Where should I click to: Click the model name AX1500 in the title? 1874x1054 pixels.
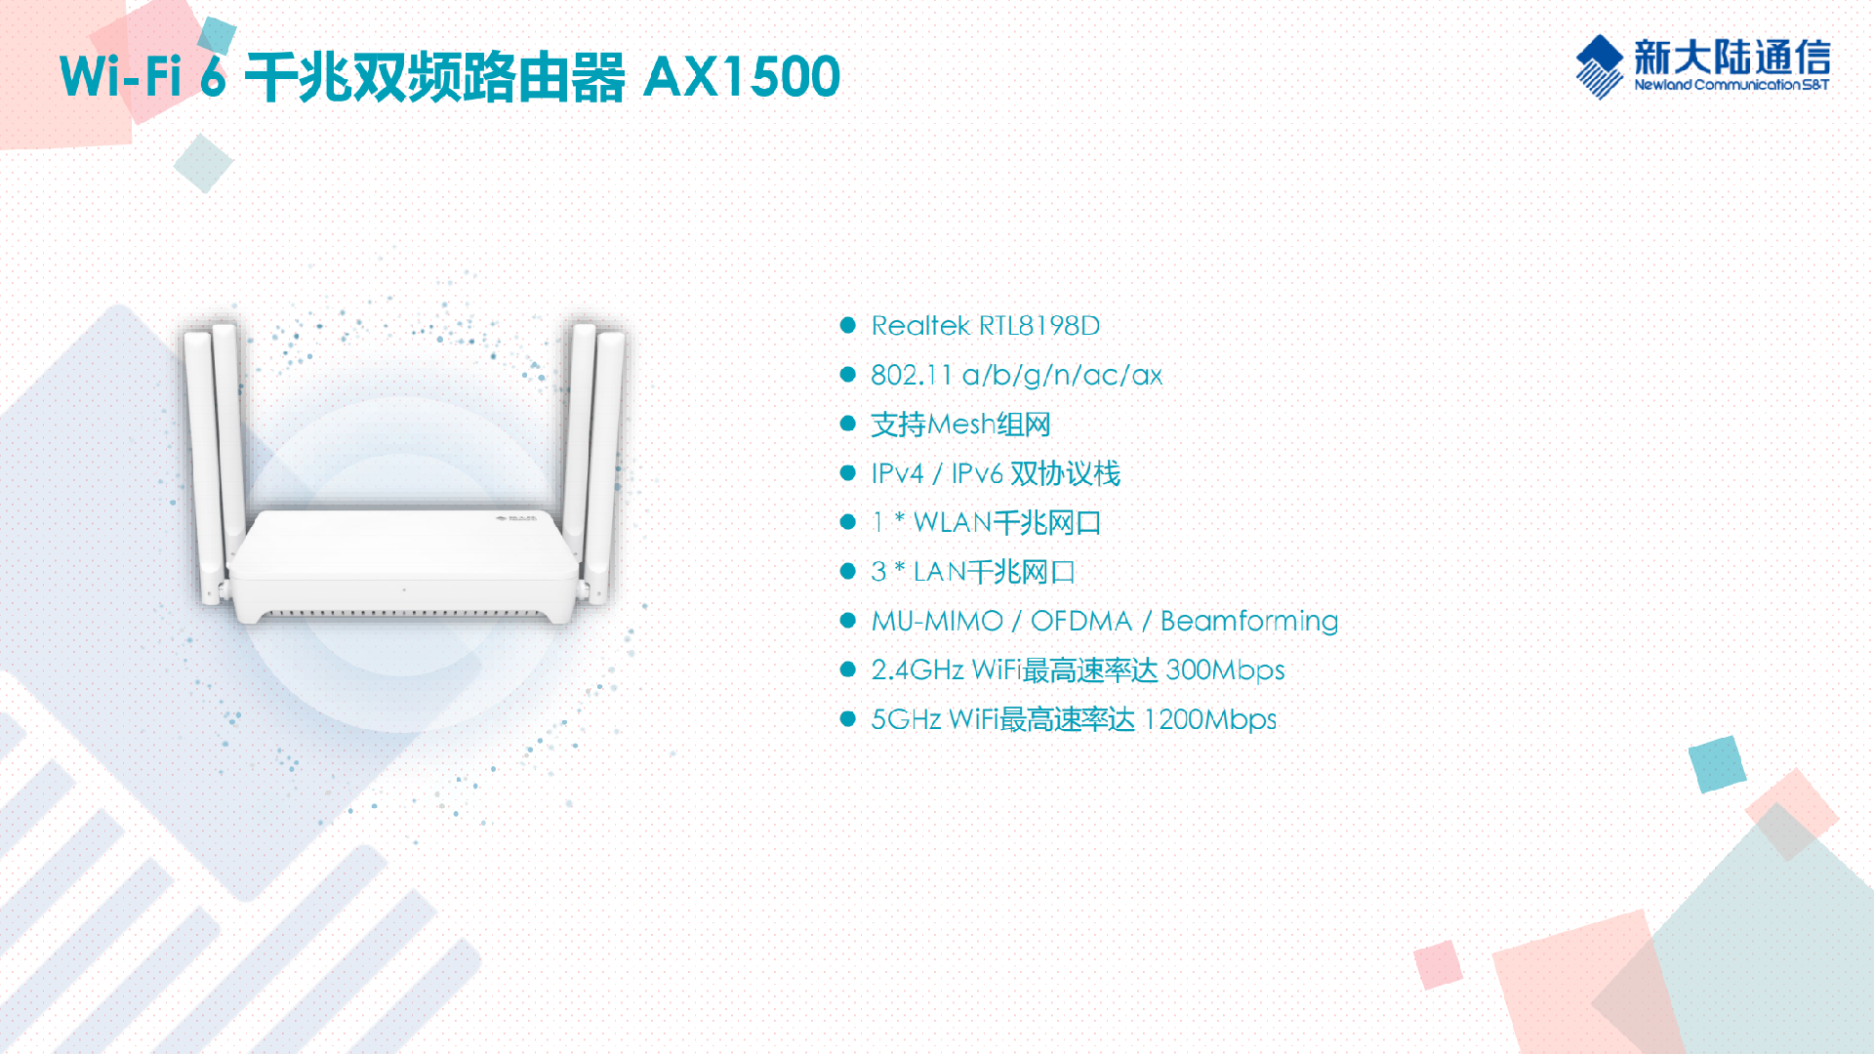[x=742, y=77]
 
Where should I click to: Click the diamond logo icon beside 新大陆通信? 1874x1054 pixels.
[x=1600, y=66]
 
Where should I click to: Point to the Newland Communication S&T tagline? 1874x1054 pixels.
[x=1731, y=85]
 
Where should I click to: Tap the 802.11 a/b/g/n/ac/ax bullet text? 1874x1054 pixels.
[x=1016, y=376]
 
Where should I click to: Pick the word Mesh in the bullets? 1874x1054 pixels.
[x=961, y=425]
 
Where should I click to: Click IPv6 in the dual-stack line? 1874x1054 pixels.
[x=977, y=474]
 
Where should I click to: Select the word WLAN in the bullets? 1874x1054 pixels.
[x=952, y=523]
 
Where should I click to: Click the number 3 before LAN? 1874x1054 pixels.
[x=878, y=572]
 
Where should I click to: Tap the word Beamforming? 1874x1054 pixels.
[x=1248, y=622]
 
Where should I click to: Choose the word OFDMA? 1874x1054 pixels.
[x=1080, y=622]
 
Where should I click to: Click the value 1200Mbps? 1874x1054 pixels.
[x=1210, y=720]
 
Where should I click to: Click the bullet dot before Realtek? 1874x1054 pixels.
[x=848, y=326]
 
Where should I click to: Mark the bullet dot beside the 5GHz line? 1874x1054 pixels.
[x=848, y=720]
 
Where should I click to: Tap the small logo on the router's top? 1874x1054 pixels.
[x=516, y=517]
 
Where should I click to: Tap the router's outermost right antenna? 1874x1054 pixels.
[x=607, y=459]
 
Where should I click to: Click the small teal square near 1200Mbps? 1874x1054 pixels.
[x=1716, y=763]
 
